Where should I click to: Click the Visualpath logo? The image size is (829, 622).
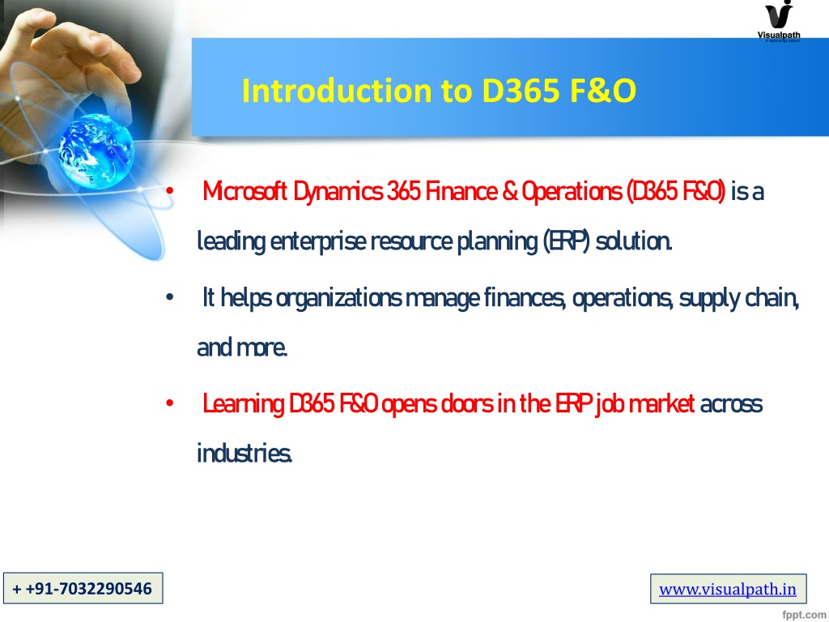[x=779, y=20]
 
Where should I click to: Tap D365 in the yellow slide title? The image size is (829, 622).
[x=521, y=91]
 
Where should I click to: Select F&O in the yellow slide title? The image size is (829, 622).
[x=602, y=91]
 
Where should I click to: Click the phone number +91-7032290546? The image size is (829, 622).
[x=83, y=588]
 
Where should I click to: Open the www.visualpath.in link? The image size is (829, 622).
[x=728, y=589]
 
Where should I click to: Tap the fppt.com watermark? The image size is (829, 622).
[x=804, y=614]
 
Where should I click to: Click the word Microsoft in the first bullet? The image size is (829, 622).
[x=244, y=191]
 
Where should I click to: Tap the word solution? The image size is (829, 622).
[x=634, y=241]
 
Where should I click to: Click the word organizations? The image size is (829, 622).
[x=339, y=298]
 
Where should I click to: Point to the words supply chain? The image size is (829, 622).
[x=739, y=298]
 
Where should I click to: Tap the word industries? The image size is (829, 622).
[x=244, y=454]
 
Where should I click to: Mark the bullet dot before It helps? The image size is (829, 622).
[x=169, y=298]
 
